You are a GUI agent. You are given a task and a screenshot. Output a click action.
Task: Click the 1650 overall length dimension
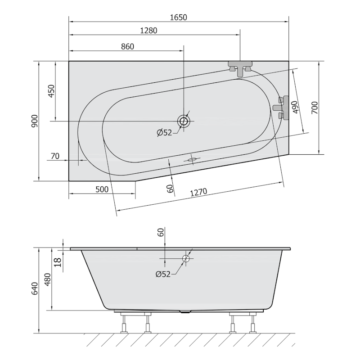click(x=178, y=18)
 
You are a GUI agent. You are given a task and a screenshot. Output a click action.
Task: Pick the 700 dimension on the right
click(x=315, y=108)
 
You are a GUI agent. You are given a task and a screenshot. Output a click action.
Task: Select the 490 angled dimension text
click(x=295, y=108)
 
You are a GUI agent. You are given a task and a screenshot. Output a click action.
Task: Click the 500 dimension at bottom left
click(x=102, y=189)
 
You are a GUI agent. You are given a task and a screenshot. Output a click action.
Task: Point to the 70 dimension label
click(x=55, y=156)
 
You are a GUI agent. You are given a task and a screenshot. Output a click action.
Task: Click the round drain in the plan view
click(x=184, y=121)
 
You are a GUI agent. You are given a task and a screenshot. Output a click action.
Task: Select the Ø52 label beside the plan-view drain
click(x=164, y=132)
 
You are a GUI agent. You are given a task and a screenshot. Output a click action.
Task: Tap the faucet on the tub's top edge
click(x=240, y=68)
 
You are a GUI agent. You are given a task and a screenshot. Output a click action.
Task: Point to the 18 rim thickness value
click(x=58, y=261)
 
